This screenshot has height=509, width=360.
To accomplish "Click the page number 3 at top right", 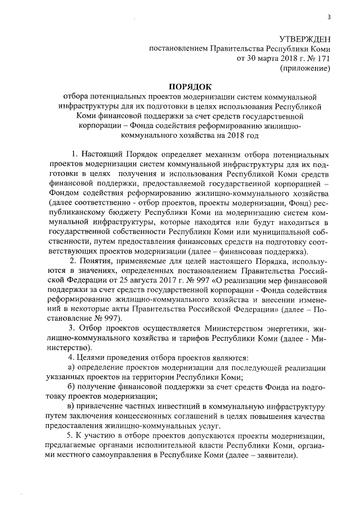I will pyautogui.click(x=331, y=16).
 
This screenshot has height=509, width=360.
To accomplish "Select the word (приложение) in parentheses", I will pyautogui.click(x=305, y=68).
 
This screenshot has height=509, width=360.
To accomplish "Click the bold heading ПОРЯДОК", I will pyautogui.click(x=189, y=86).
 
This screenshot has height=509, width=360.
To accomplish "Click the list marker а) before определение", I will pyautogui.click(x=71, y=366).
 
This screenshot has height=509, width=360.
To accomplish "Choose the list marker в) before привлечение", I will pyautogui.click(x=71, y=407).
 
